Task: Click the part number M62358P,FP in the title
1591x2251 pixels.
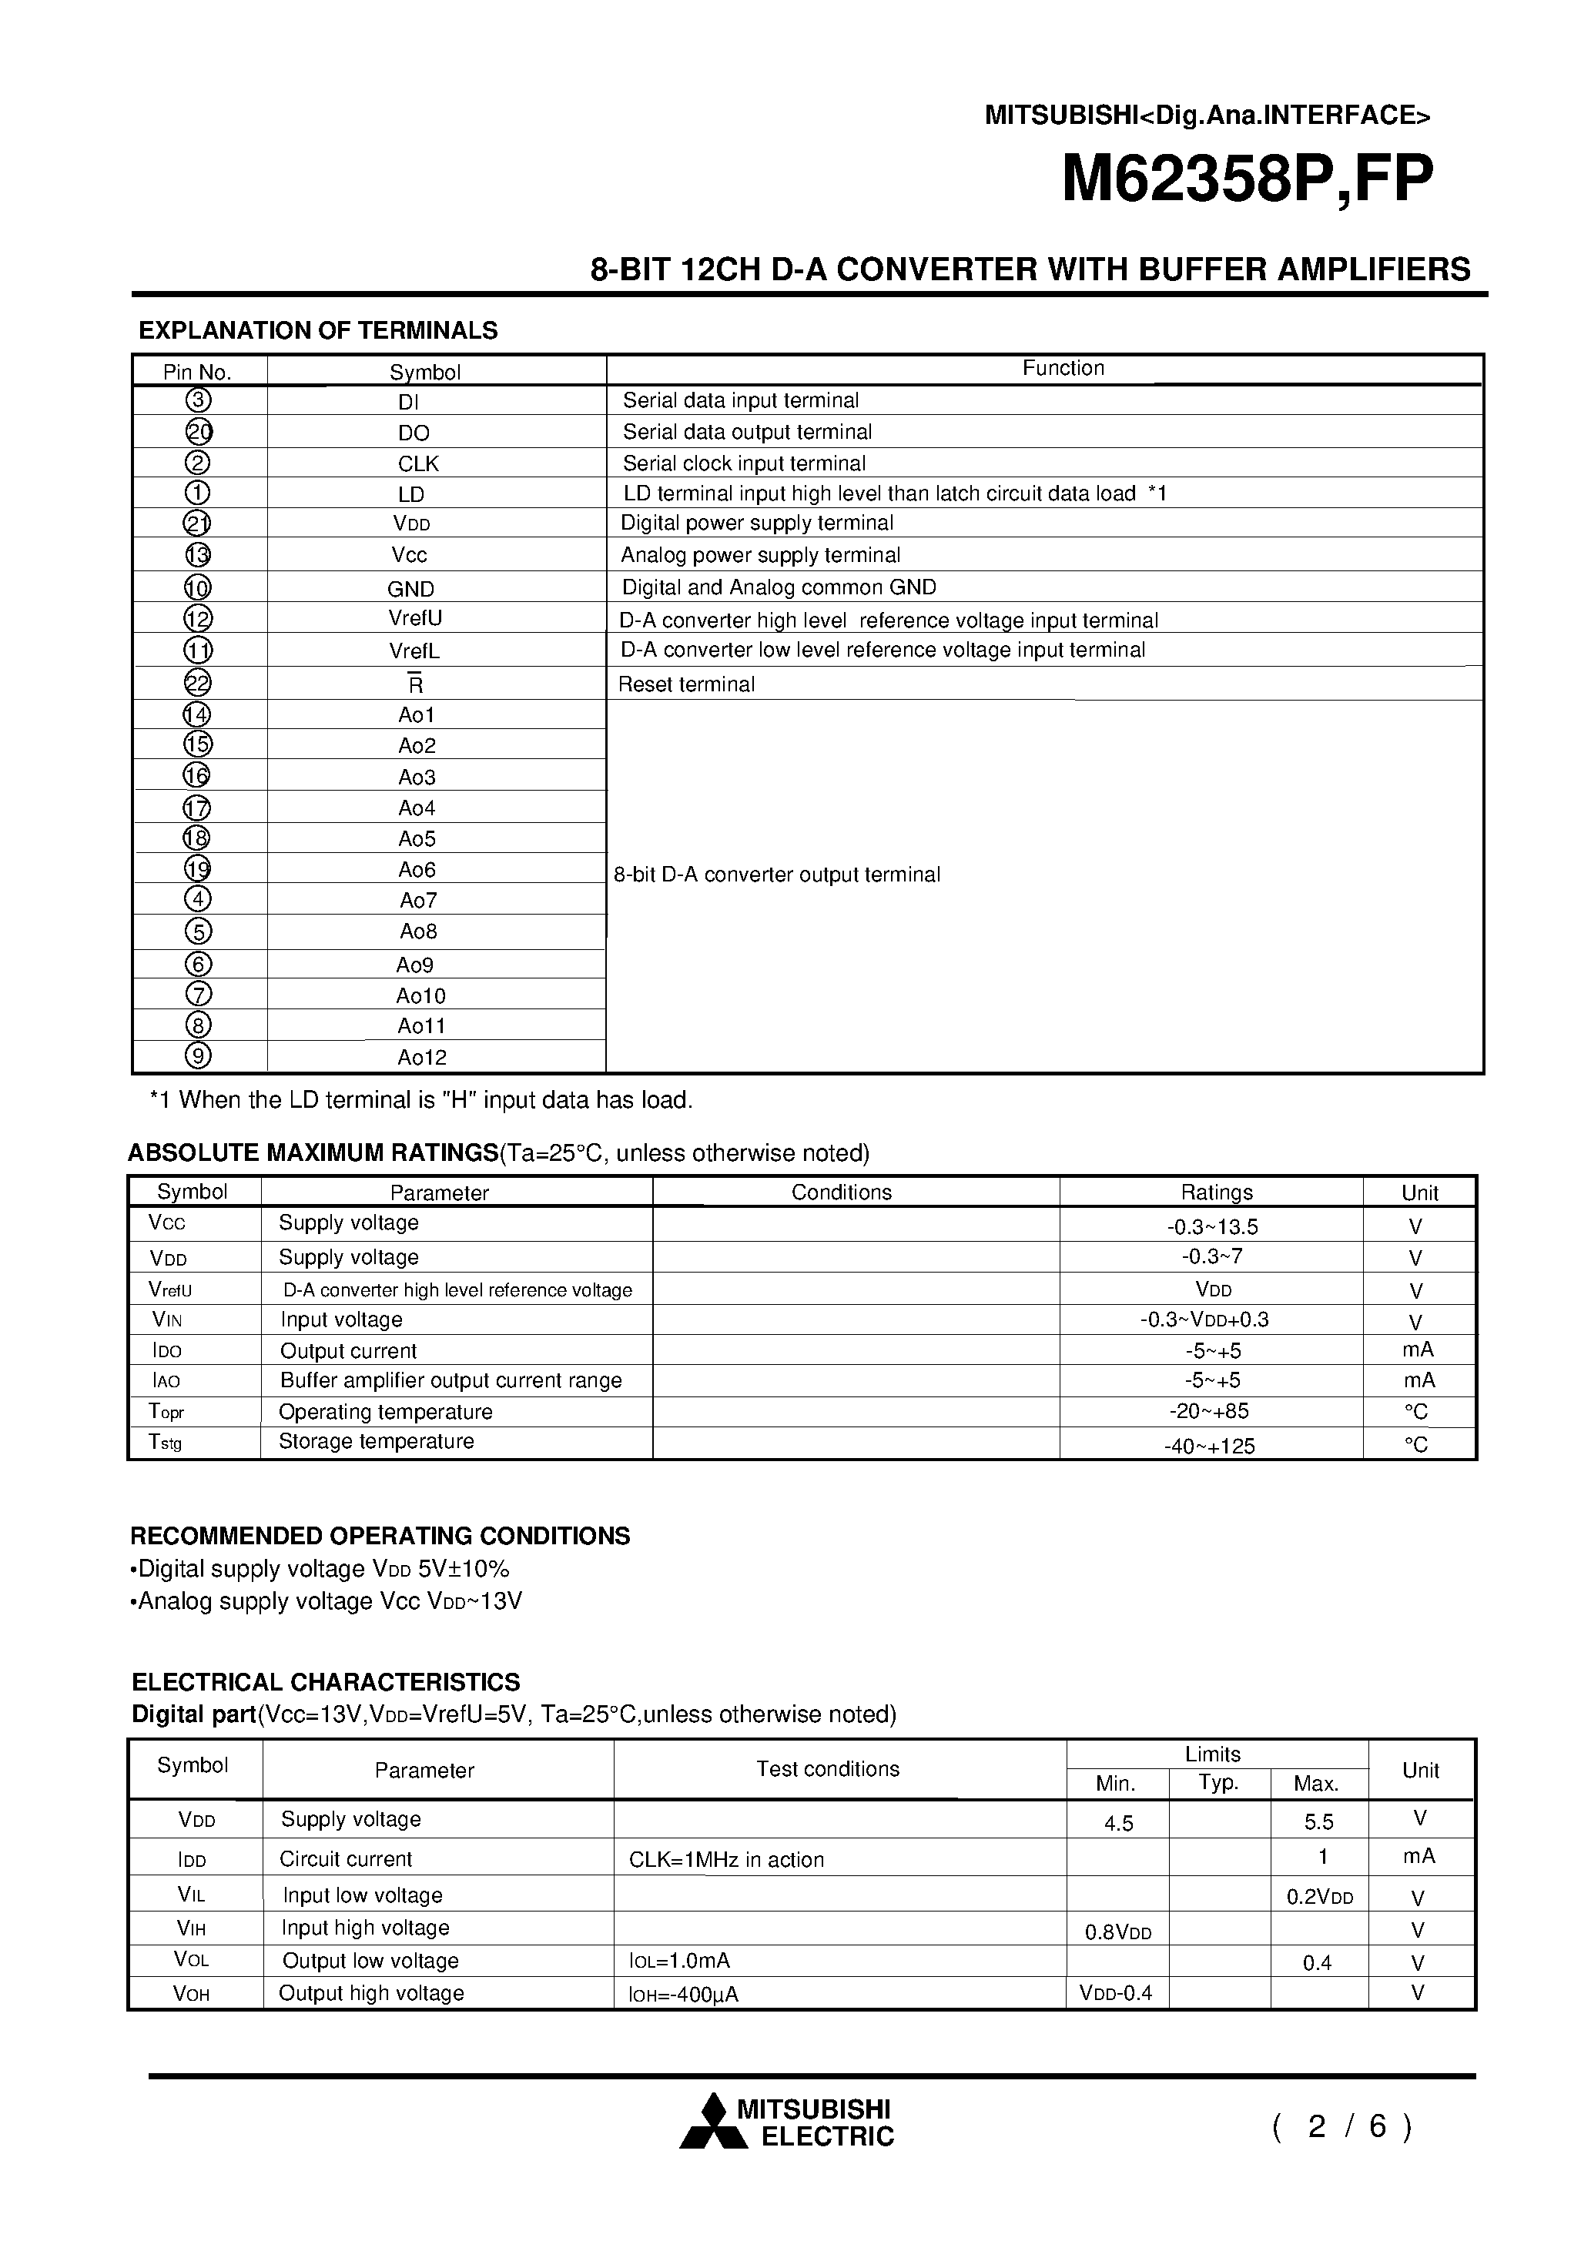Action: tap(1247, 179)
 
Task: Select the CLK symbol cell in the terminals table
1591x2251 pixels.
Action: tap(419, 463)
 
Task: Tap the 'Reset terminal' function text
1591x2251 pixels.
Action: tap(687, 684)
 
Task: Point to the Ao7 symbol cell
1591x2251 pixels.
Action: tap(418, 900)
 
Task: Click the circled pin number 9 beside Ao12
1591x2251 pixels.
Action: tap(198, 1056)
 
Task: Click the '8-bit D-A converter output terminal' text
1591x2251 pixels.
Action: tap(777, 875)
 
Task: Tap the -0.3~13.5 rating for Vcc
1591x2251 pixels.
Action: tap(1212, 1226)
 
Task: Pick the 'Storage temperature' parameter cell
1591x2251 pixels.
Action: tap(376, 1441)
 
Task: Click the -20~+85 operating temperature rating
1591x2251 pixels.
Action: tap(1212, 1411)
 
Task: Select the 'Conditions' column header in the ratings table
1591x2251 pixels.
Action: tap(841, 1192)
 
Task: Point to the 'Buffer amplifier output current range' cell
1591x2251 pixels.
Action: tap(451, 1380)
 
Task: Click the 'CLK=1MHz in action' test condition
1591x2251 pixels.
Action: tap(726, 1860)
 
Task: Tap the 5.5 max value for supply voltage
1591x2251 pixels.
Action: tap(1318, 1821)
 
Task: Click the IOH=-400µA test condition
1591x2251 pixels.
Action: tap(684, 1994)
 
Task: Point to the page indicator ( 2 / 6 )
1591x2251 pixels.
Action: tap(1341, 2126)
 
